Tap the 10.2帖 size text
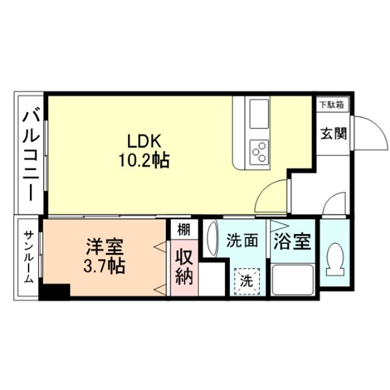pyautogui.click(x=144, y=161)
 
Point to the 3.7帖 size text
pyautogui.click(x=105, y=266)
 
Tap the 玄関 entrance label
pyautogui.click(x=332, y=133)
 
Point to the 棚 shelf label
pyautogui.click(x=183, y=230)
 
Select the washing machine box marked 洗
pyautogui.click(x=246, y=282)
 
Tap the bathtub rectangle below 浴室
pyautogui.click(x=292, y=280)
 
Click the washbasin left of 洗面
pyautogui.click(x=212, y=241)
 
